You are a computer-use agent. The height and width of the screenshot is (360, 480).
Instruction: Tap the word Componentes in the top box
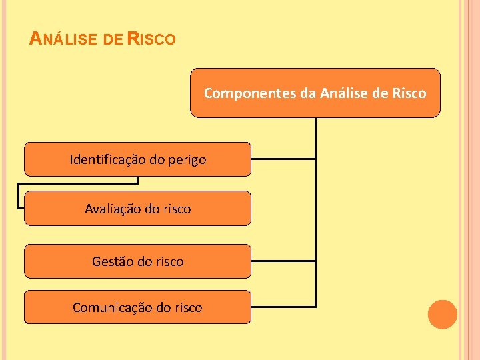tap(251, 93)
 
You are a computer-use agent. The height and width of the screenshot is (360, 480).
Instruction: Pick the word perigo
tap(187, 160)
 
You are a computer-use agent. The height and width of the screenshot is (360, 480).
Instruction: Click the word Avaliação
tap(109, 209)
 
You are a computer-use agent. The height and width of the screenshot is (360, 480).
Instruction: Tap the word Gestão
tap(113, 261)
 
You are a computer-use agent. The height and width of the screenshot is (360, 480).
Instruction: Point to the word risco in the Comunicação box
tap(187, 307)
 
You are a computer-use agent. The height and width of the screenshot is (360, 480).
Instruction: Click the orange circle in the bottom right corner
tap(442, 314)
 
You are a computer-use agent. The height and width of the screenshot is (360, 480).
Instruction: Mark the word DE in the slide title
tap(113, 40)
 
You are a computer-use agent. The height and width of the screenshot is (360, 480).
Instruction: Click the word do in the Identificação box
tap(157, 159)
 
